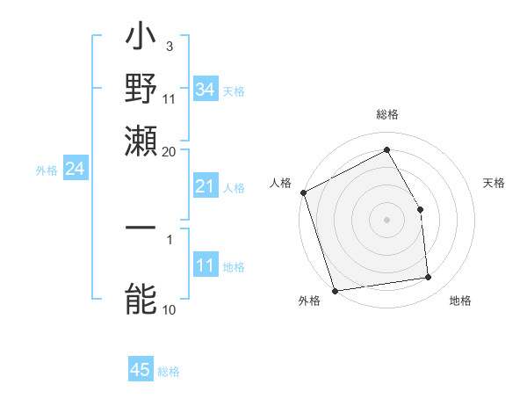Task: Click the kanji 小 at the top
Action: pyautogui.click(x=141, y=40)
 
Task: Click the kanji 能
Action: pyautogui.click(x=141, y=300)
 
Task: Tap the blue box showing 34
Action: pyautogui.click(x=205, y=90)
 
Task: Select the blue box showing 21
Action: pyautogui.click(x=205, y=186)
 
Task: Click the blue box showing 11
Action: pyautogui.click(x=205, y=266)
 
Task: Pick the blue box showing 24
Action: pyautogui.click(x=75, y=170)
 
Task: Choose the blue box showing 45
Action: pyautogui.click(x=141, y=371)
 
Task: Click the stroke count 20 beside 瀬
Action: pyautogui.click(x=169, y=151)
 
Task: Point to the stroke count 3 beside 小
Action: pyautogui.click(x=169, y=45)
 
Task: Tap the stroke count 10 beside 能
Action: pyautogui.click(x=169, y=309)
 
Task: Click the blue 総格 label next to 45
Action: pyautogui.click(x=169, y=372)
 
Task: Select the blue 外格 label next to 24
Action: pyautogui.click(x=46, y=170)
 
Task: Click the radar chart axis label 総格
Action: pyautogui.click(x=386, y=115)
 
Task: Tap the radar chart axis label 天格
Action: pyautogui.click(x=494, y=183)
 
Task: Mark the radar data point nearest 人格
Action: pyautogui.click(x=303, y=192)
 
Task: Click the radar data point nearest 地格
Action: pyautogui.click(x=429, y=278)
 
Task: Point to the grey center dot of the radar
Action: pyautogui.click(x=386, y=220)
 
